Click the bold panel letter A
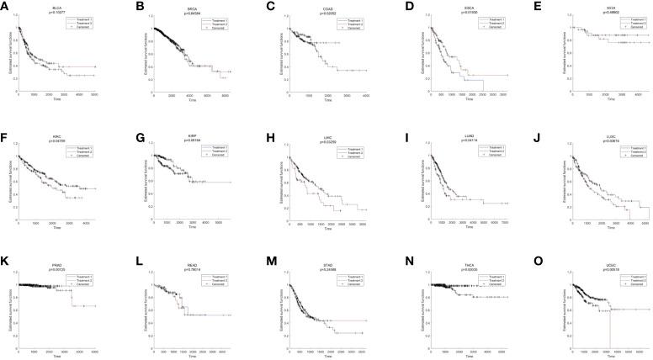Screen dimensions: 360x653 5,5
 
